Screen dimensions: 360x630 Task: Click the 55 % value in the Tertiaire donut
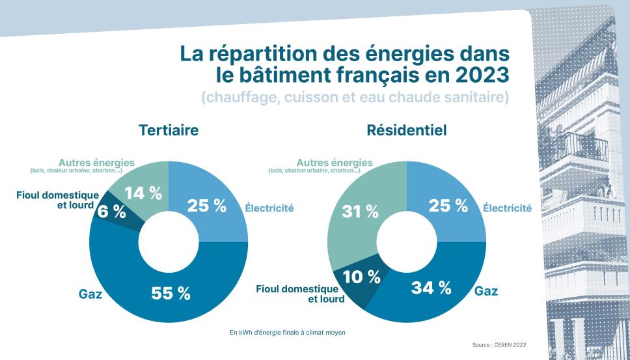[x=171, y=293]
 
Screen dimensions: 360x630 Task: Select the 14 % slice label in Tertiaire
[x=143, y=193]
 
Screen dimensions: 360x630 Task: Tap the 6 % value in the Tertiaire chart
[x=111, y=211]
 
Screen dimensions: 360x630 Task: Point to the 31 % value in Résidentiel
[x=360, y=211]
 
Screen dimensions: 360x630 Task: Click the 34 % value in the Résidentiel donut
[x=431, y=288]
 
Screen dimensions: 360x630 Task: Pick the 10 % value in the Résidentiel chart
[x=361, y=276]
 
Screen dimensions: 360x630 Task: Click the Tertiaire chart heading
[x=169, y=130]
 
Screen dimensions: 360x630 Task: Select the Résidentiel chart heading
[x=407, y=130]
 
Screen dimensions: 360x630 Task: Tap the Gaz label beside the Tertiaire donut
[x=90, y=294]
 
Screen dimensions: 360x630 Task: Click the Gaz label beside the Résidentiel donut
[x=486, y=290]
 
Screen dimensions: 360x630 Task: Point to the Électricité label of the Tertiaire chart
[x=269, y=208]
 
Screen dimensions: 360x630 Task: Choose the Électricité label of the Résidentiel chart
[x=508, y=208]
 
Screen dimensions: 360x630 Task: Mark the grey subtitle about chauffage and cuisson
[x=355, y=98]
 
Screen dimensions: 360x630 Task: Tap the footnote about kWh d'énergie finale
[x=287, y=333]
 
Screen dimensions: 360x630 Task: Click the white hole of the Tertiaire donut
[x=169, y=242]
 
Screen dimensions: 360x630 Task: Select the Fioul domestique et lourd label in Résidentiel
[x=297, y=294]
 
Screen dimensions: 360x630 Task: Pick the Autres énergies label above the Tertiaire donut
[x=96, y=163]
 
